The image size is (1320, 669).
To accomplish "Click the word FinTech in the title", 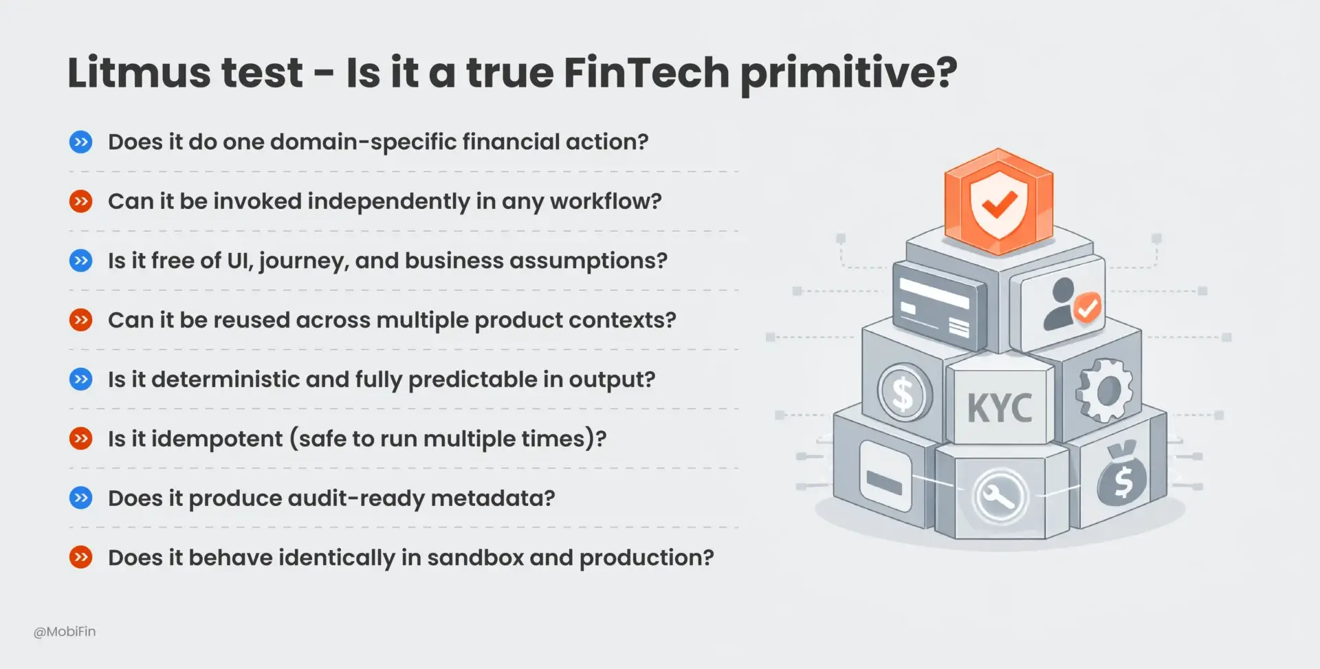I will tap(646, 73).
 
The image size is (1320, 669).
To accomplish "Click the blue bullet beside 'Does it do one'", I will tap(81, 142).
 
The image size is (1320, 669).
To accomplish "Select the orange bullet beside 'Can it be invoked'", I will tap(81, 201).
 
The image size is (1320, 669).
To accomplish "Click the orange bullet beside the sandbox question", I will tap(81, 557).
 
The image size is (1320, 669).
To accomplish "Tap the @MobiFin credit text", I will tap(65, 631).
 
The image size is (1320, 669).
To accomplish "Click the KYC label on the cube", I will tap(1000, 408).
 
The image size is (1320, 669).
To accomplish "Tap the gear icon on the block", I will tap(1103, 391).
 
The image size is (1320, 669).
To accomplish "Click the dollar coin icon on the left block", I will tap(903, 394).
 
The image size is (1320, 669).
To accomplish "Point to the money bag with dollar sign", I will tap(1121, 476).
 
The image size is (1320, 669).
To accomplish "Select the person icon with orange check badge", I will tap(1069, 305).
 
